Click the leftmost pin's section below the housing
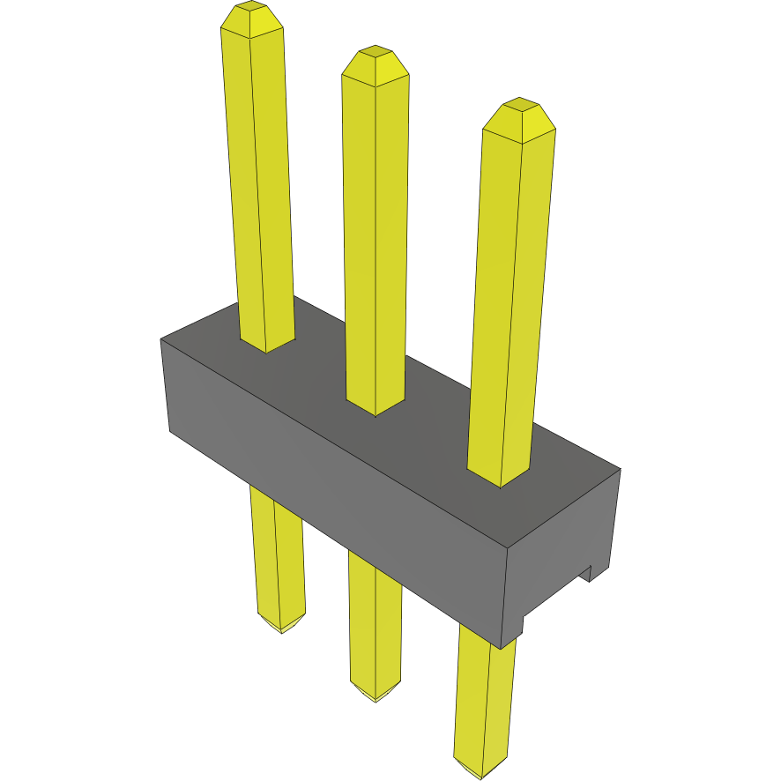point(279,555)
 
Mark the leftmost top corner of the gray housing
point(161,339)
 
